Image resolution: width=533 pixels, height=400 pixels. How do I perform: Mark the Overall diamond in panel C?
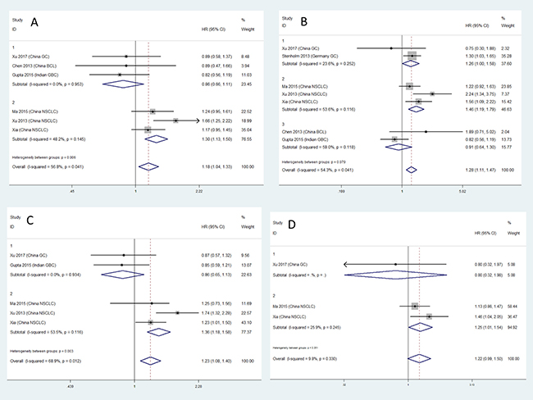pos(150,359)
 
